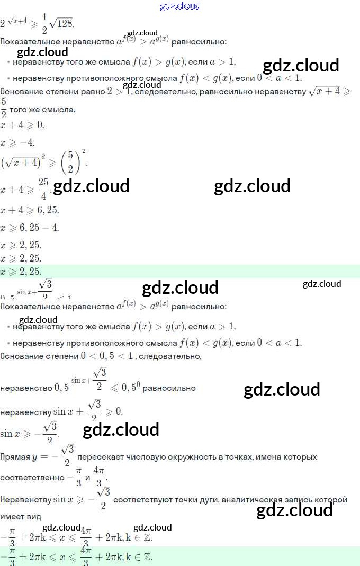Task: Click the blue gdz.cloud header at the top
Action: (180, 6)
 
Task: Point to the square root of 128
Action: (62, 24)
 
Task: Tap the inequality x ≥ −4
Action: (17, 142)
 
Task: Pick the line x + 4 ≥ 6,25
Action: (30, 210)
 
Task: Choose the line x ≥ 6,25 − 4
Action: (30, 228)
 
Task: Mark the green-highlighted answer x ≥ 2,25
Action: (21, 272)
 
